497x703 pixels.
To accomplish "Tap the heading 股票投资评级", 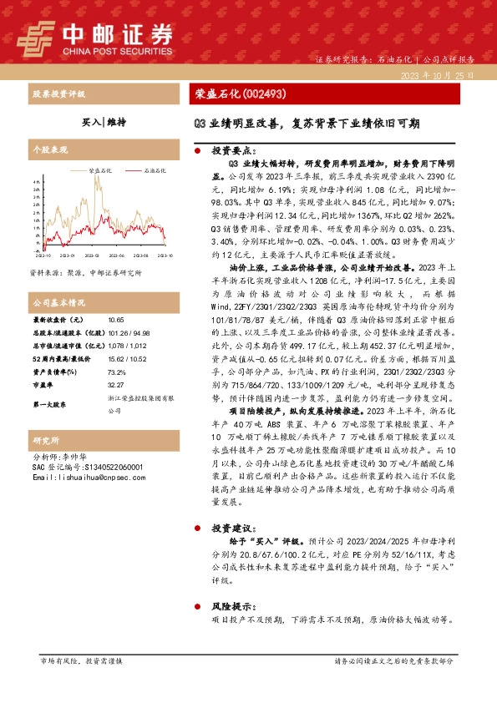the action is click(59, 94).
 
